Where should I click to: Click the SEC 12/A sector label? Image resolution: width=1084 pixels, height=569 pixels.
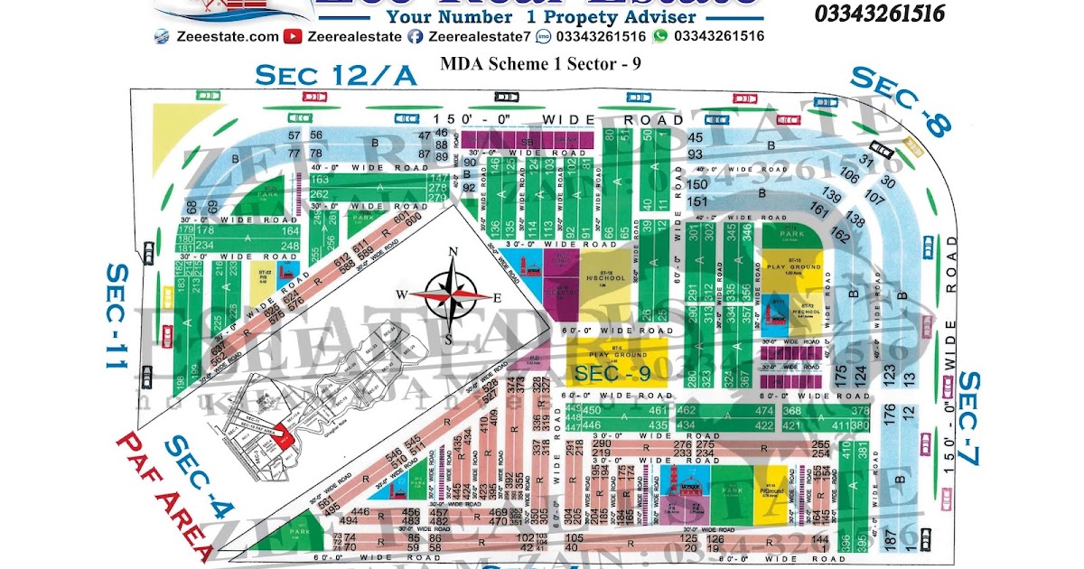pos(336,76)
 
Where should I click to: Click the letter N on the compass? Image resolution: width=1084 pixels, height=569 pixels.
pos(455,253)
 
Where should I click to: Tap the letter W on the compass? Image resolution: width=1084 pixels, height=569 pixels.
pos(405,295)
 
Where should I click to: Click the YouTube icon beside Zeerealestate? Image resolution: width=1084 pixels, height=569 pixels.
pos(292,36)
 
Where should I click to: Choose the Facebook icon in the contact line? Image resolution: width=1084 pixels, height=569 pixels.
pos(415,36)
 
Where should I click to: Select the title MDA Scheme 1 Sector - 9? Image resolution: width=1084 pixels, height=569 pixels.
pos(528,63)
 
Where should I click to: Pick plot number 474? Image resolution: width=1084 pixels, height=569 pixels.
pos(764,411)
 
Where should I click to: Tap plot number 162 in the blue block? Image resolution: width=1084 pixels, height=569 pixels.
pos(839,236)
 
